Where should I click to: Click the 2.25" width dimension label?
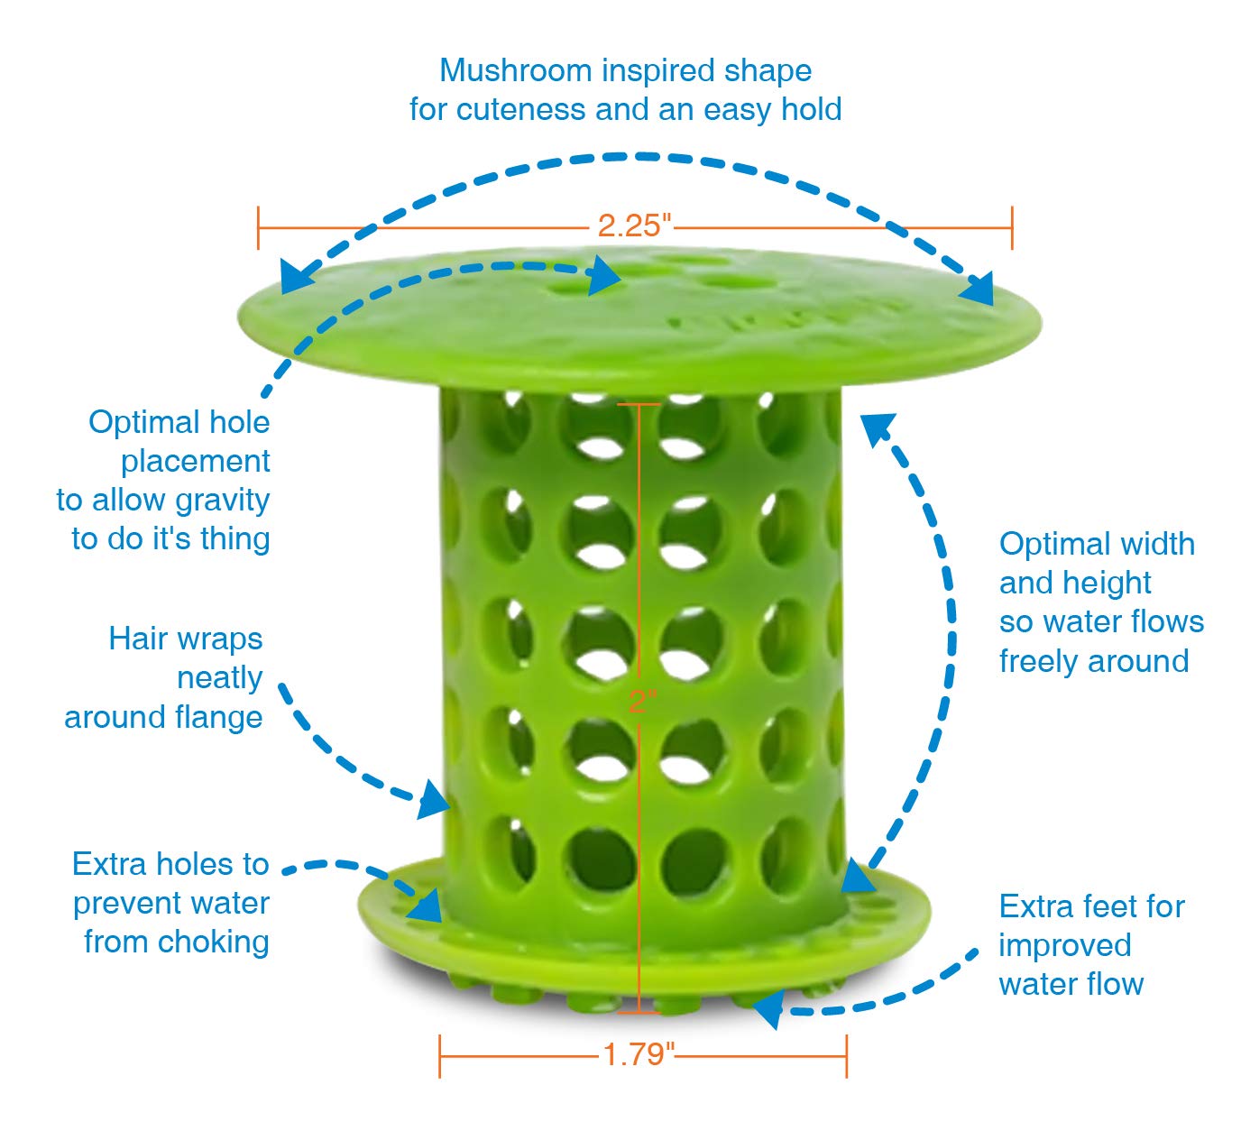pos(635,225)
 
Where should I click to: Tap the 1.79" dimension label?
pos(639,1053)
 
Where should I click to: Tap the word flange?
pos(222,718)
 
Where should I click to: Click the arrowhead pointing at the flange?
pos(435,800)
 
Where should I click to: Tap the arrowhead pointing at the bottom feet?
pos(768,1009)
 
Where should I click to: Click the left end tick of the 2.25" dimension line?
pos(259,227)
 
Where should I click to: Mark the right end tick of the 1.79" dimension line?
pos(846,1055)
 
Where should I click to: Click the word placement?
pos(195,462)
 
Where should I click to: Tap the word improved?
pos(1064,945)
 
